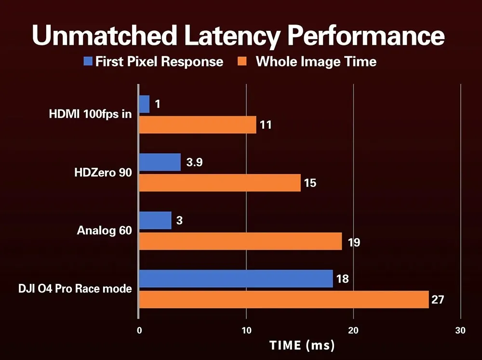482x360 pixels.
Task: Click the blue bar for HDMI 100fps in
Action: point(144,104)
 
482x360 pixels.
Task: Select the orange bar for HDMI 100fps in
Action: point(198,125)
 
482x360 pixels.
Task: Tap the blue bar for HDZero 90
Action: point(160,162)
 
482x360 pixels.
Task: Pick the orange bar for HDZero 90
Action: point(220,183)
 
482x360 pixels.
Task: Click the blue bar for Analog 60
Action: point(155,220)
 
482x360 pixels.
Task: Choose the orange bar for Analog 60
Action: point(241,241)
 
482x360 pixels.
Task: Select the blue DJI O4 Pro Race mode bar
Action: point(236,279)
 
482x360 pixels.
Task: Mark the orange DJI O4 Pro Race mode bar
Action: point(284,299)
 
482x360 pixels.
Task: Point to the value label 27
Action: point(438,300)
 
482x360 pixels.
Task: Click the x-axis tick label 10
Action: point(246,331)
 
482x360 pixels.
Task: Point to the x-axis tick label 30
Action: point(460,331)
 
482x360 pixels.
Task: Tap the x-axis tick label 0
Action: point(139,331)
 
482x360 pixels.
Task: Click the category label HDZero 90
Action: point(102,173)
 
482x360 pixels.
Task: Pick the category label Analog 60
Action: point(104,230)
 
